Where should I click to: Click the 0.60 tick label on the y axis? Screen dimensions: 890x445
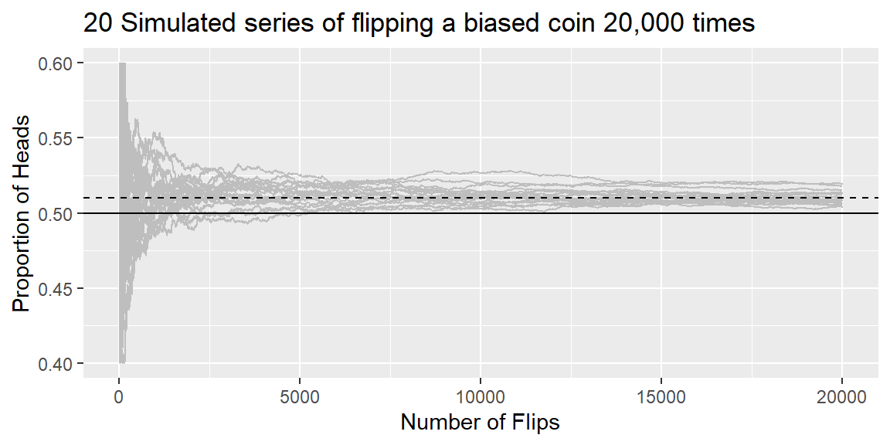pos(55,63)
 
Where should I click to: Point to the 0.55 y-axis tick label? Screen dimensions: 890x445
pos(55,138)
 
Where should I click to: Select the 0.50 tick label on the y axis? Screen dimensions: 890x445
pos(55,213)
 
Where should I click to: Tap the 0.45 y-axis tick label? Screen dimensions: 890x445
pos(55,288)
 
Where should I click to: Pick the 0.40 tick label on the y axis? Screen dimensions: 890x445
pos(55,363)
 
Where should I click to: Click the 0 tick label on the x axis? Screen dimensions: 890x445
pos(119,396)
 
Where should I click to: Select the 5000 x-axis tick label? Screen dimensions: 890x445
pos(300,396)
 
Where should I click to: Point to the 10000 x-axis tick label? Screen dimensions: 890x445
pos(481,396)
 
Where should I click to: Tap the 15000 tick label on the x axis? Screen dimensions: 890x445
pos(661,396)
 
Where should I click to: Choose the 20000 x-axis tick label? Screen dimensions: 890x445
pos(842,396)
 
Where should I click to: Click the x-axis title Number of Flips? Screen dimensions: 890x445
pos(481,423)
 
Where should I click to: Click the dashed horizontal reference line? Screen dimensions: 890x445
pos(481,198)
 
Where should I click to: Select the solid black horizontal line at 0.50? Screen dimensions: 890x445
pos(481,213)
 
